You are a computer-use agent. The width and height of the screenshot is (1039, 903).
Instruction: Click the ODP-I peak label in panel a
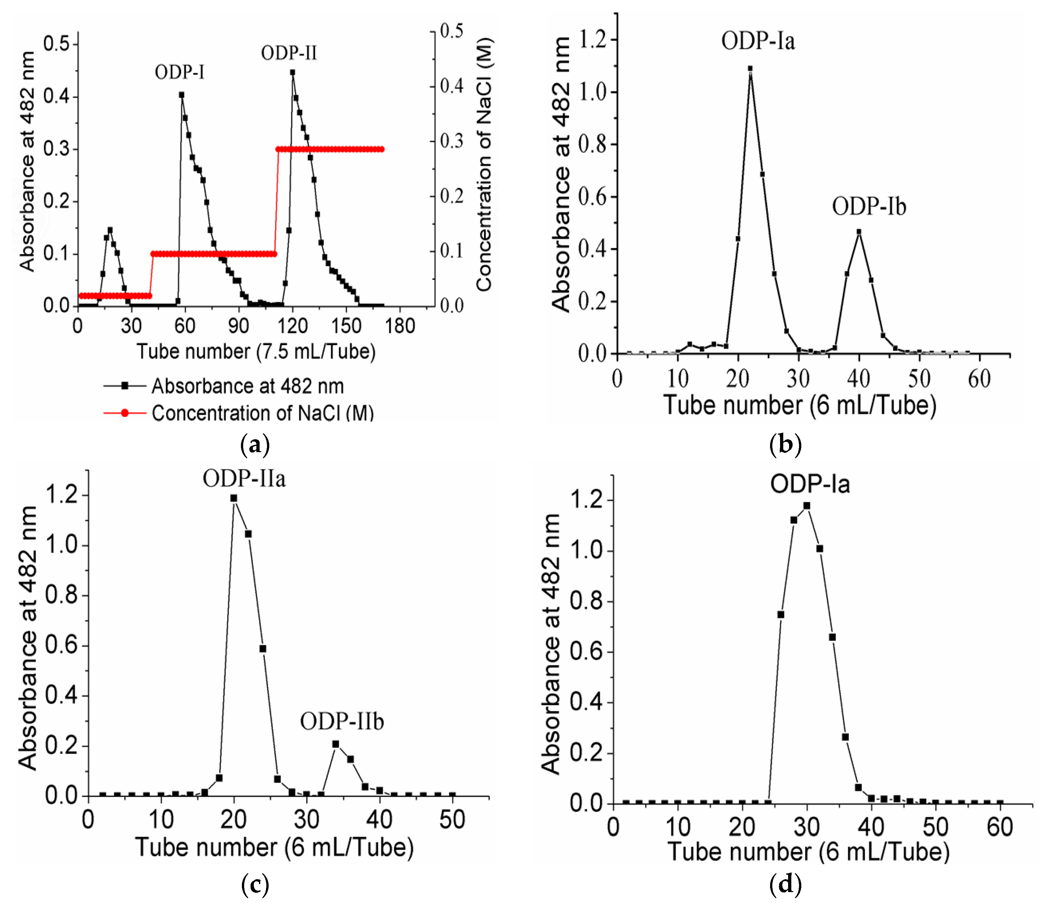(x=179, y=73)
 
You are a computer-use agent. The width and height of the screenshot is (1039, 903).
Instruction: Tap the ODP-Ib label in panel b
(x=869, y=207)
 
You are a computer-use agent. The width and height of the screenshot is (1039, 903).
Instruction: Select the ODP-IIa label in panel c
(x=244, y=478)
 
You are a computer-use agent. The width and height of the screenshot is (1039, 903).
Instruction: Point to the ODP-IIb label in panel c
(x=342, y=721)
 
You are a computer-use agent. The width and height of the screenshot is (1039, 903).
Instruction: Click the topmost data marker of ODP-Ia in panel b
(x=750, y=68)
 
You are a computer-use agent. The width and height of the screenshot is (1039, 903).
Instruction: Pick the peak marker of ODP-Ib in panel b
(x=859, y=232)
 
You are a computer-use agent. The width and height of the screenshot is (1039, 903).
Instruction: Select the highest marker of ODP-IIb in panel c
(x=336, y=744)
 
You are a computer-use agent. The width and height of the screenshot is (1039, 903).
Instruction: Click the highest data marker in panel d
(x=806, y=505)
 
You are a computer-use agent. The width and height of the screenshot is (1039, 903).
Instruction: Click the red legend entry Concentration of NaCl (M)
(x=262, y=413)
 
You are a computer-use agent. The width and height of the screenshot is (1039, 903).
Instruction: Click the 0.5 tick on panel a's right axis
(x=451, y=31)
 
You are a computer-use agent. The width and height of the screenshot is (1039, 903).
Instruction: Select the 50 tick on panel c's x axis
(x=452, y=820)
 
